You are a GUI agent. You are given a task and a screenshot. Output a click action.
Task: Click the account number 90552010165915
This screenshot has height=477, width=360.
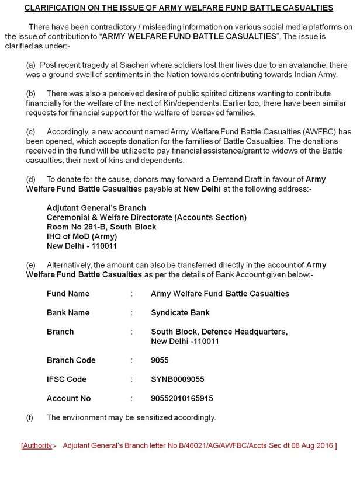coord(182,399)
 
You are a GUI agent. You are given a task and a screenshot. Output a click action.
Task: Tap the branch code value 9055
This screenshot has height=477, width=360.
coord(160,360)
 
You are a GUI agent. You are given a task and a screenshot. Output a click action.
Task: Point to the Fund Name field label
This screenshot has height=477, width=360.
coord(68,294)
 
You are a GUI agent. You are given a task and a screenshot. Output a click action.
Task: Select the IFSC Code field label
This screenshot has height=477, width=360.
coord(67,379)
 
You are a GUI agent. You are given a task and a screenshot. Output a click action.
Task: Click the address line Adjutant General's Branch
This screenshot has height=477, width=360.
coord(96,208)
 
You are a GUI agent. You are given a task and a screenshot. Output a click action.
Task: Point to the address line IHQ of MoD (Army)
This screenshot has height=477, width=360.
coord(82,236)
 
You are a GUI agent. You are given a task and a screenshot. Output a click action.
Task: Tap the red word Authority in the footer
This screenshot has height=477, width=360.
coord(38,445)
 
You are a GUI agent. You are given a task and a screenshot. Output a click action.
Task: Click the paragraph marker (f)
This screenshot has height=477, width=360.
coord(30,417)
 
